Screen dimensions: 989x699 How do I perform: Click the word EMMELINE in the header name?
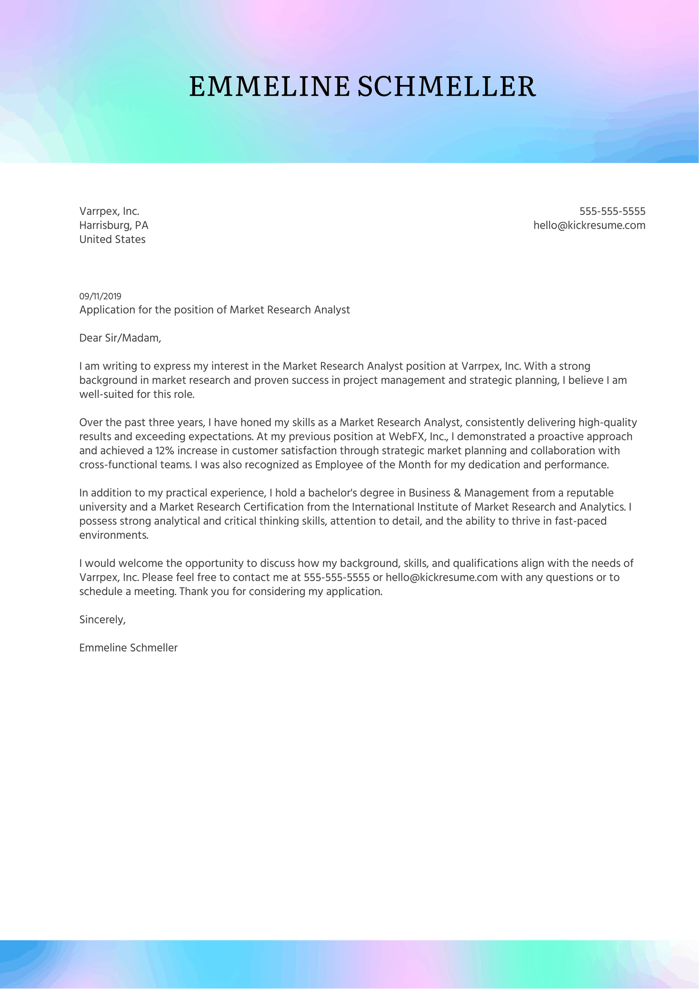[x=269, y=87]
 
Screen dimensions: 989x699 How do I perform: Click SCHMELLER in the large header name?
[x=446, y=87]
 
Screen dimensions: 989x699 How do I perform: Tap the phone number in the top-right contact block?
[x=612, y=211]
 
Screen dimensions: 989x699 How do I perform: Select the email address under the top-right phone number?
[x=589, y=225]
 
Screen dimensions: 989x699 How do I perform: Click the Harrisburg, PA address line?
[x=114, y=225]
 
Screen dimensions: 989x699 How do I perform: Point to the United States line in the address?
[x=112, y=239]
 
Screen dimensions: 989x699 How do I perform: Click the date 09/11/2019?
[x=100, y=296]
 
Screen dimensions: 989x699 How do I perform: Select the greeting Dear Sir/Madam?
[x=120, y=338]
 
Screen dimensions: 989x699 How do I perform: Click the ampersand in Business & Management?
[x=457, y=493]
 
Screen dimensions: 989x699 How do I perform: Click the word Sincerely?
[x=102, y=620]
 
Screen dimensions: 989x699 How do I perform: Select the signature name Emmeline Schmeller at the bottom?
[x=128, y=648]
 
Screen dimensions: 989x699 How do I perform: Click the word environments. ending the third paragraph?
[x=114, y=535]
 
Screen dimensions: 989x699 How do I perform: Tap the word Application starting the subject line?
[x=107, y=310]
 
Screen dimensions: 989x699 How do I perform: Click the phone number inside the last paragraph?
[x=336, y=577]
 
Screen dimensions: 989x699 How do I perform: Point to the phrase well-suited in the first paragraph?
[x=106, y=394]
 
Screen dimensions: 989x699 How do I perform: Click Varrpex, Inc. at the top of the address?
[x=109, y=211]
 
